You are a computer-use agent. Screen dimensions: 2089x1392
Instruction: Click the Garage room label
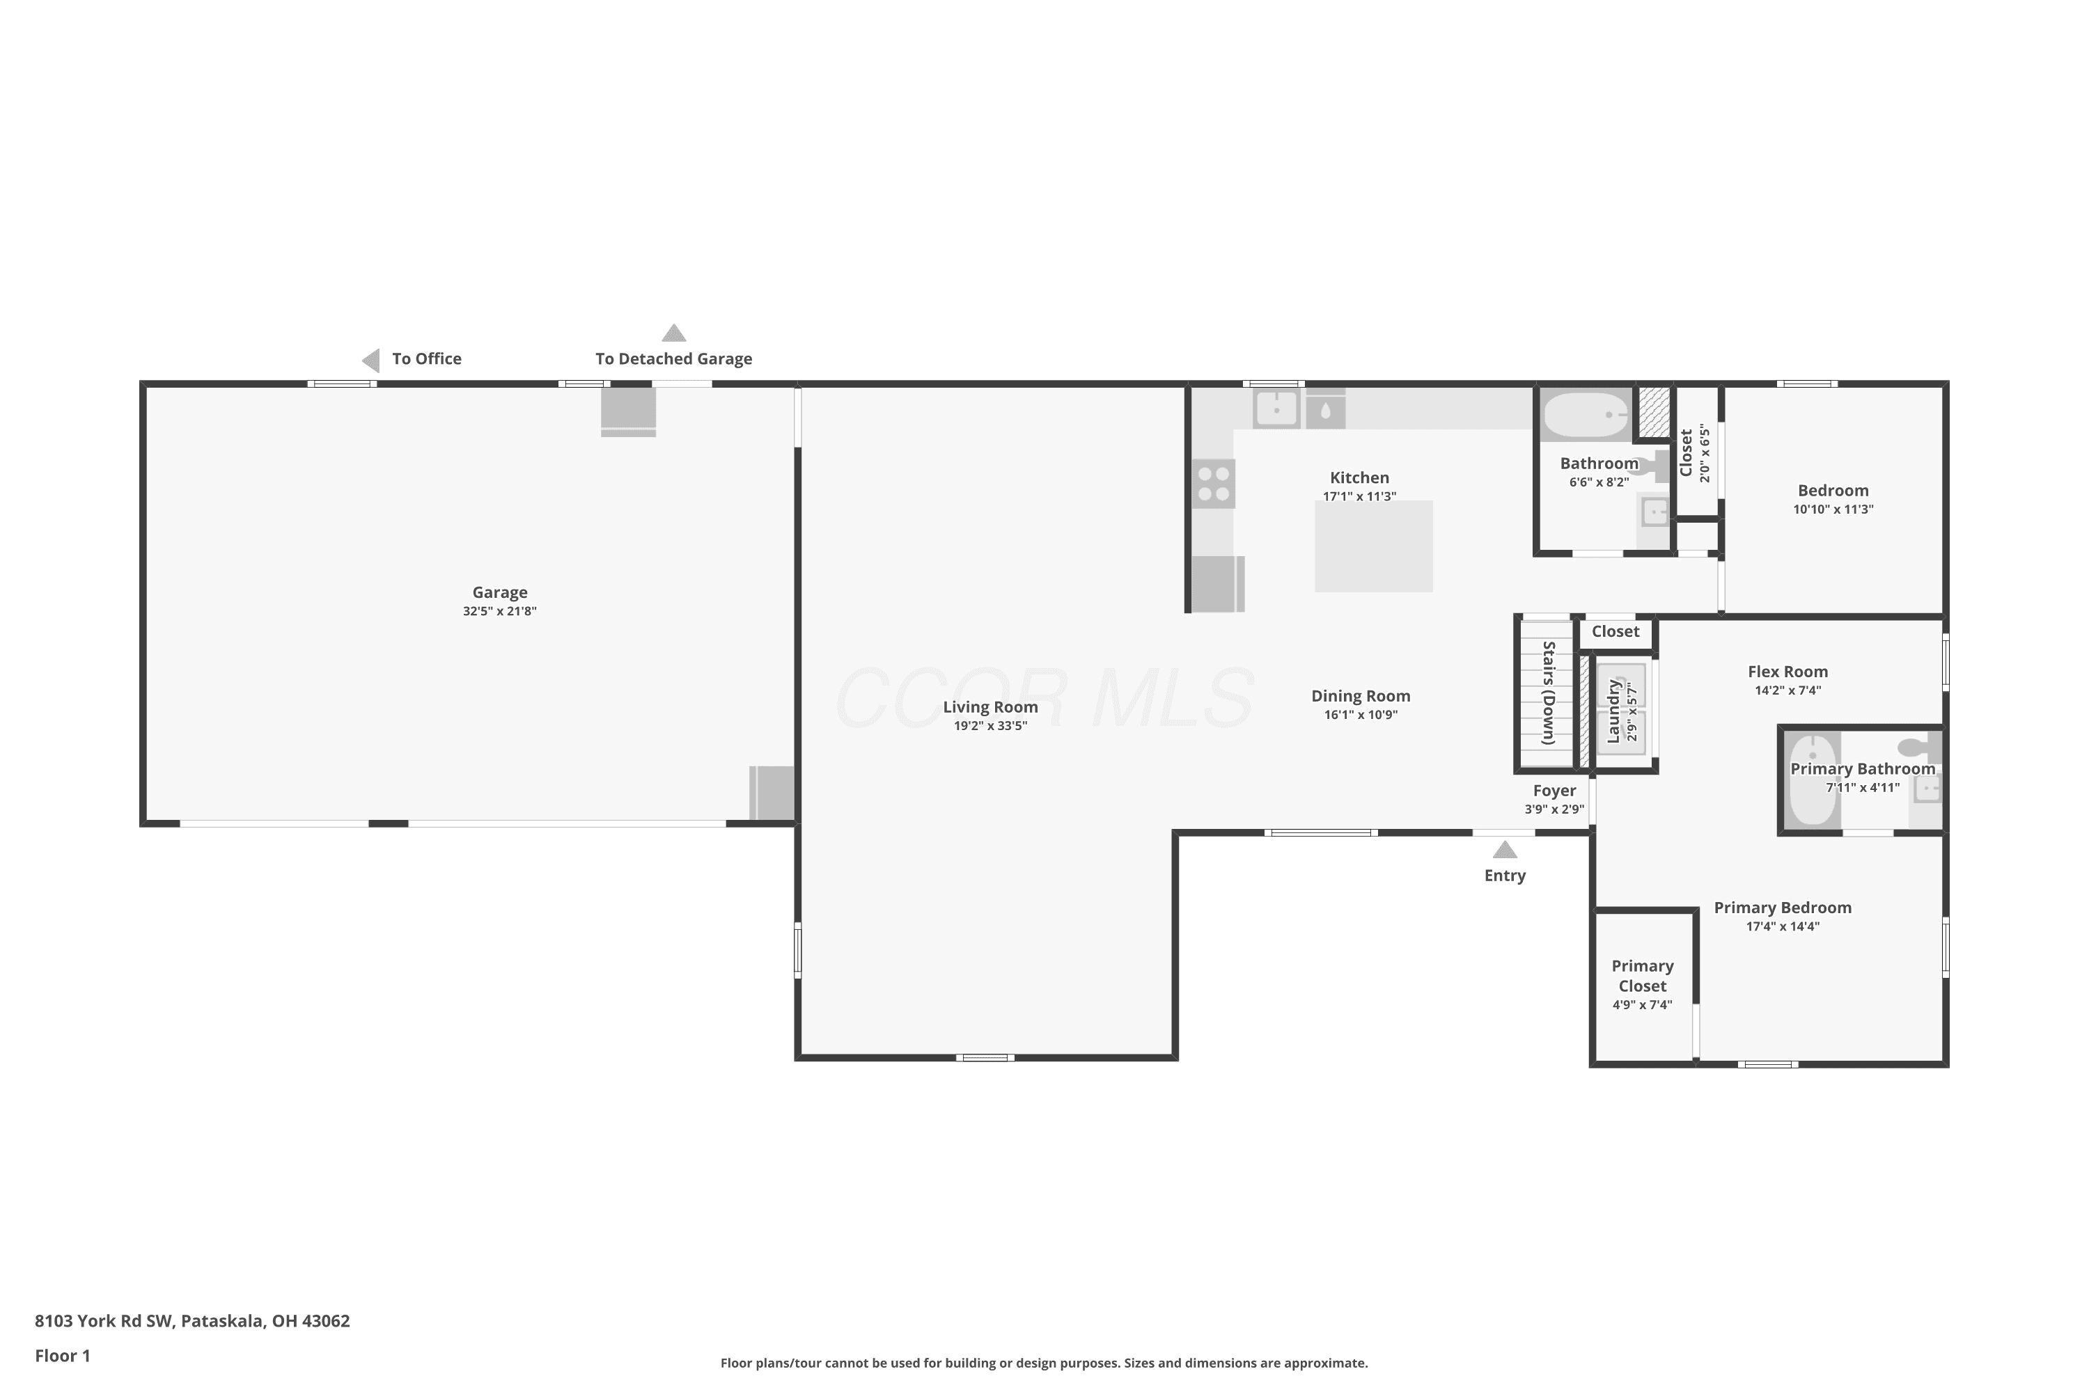click(499, 592)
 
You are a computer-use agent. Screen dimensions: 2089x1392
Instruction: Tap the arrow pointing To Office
click(371, 360)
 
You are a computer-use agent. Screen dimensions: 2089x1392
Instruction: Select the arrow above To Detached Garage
click(674, 333)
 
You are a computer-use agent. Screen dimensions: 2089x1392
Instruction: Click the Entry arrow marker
click(1505, 850)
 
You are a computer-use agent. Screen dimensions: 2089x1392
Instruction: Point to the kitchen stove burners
click(1213, 484)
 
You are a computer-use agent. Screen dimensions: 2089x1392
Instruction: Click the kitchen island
click(1373, 546)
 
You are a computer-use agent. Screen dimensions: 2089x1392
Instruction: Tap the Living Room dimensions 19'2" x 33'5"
click(990, 726)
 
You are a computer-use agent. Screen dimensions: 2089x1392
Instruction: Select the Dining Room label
click(1361, 696)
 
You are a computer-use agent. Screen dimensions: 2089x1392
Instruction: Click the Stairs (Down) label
click(1548, 693)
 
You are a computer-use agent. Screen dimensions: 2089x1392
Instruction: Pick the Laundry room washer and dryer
click(1621, 709)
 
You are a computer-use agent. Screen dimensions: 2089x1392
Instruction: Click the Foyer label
click(1554, 791)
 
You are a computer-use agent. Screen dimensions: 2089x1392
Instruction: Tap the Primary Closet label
click(1642, 976)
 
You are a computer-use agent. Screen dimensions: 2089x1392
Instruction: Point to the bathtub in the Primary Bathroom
click(1813, 780)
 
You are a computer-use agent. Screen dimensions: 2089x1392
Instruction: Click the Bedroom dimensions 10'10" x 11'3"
click(1833, 509)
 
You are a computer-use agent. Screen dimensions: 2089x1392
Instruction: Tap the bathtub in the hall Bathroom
click(1586, 415)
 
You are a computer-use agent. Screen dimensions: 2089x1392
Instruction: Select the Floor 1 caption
click(62, 1356)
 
